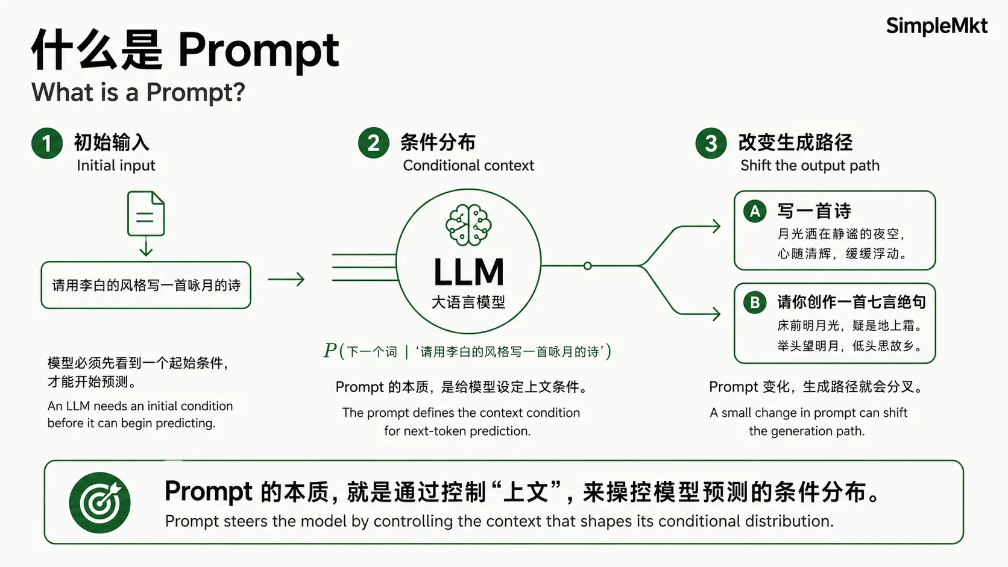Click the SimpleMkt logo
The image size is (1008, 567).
click(x=936, y=26)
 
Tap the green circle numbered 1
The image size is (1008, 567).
click(x=47, y=143)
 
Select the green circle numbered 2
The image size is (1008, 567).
click(x=374, y=143)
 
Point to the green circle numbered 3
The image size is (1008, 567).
click(x=711, y=143)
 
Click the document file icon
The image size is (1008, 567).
click(x=146, y=213)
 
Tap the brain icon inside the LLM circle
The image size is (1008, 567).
click(x=468, y=225)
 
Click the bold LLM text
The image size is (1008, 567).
click(x=468, y=272)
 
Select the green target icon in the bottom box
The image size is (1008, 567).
click(x=100, y=503)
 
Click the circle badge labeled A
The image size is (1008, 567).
click(x=755, y=211)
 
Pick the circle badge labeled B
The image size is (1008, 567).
click(x=755, y=302)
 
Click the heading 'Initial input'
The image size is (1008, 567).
click(x=116, y=166)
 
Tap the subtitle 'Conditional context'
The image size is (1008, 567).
click(x=468, y=166)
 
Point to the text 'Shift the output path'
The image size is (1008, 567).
click(x=810, y=166)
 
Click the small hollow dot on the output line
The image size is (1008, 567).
click(x=587, y=266)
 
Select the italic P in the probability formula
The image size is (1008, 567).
click(x=330, y=351)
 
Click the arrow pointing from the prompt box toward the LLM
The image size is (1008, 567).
click(x=286, y=279)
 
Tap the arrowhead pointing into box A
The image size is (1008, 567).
click(x=716, y=226)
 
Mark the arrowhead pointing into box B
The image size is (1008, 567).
click(x=716, y=314)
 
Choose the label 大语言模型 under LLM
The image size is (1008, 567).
click(x=468, y=302)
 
